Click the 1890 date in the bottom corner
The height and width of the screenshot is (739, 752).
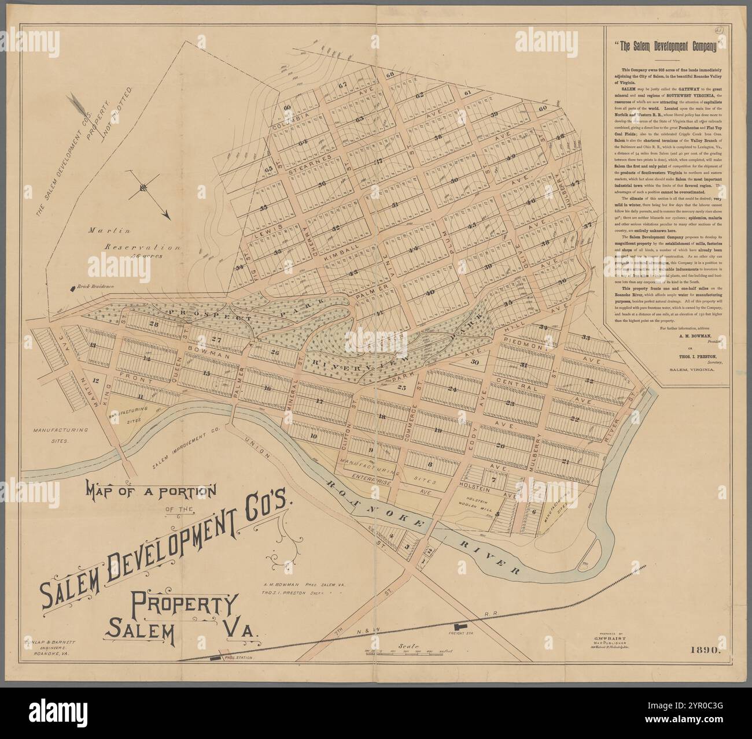(705, 650)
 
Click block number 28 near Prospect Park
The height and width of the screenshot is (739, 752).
(153, 324)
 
